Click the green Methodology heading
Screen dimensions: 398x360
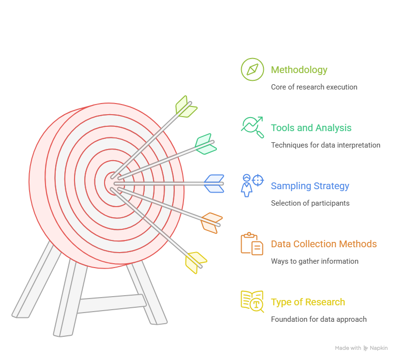tap(299, 70)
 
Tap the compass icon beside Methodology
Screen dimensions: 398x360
tap(252, 69)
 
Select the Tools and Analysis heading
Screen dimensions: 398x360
tap(311, 128)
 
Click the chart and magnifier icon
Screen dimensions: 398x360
tap(252, 127)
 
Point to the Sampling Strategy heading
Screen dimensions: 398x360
tap(310, 186)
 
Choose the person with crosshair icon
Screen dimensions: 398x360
tap(252, 185)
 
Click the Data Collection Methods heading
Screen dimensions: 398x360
tap(324, 244)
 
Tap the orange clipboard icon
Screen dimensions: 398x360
tap(252, 243)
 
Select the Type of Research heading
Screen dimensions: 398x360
tap(308, 302)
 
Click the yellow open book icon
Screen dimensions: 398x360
tap(252, 301)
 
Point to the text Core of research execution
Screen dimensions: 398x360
tap(314, 87)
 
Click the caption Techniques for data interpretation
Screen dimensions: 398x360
tap(326, 145)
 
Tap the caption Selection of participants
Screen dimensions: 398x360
tap(310, 203)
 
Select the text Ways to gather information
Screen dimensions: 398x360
tap(315, 261)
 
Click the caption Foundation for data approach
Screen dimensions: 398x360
tap(319, 319)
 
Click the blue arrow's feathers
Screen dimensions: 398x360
tap(214, 183)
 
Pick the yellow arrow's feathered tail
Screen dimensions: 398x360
tap(196, 263)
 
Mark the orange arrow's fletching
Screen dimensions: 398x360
tap(212, 223)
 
